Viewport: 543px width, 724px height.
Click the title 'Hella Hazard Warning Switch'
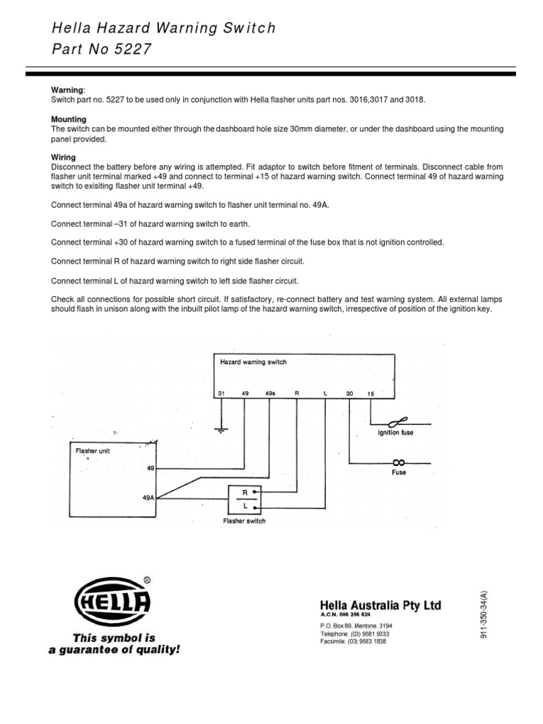point(163,28)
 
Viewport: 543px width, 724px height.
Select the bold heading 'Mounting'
point(69,119)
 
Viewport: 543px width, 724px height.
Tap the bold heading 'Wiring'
point(64,157)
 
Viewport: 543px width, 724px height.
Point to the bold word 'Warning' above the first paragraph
point(68,90)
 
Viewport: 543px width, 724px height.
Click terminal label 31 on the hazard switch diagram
point(221,393)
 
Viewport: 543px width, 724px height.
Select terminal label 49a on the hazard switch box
point(270,393)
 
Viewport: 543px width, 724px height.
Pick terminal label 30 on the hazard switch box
point(349,393)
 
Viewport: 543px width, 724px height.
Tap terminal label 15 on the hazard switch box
point(370,393)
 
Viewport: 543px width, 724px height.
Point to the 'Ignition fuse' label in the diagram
point(396,433)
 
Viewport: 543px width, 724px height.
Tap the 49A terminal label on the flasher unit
point(148,498)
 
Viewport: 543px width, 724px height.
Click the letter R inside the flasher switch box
point(244,493)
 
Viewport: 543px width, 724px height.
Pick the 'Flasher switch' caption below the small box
point(244,522)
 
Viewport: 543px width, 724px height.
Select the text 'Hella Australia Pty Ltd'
point(380,605)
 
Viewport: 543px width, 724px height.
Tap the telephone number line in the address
point(355,634)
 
